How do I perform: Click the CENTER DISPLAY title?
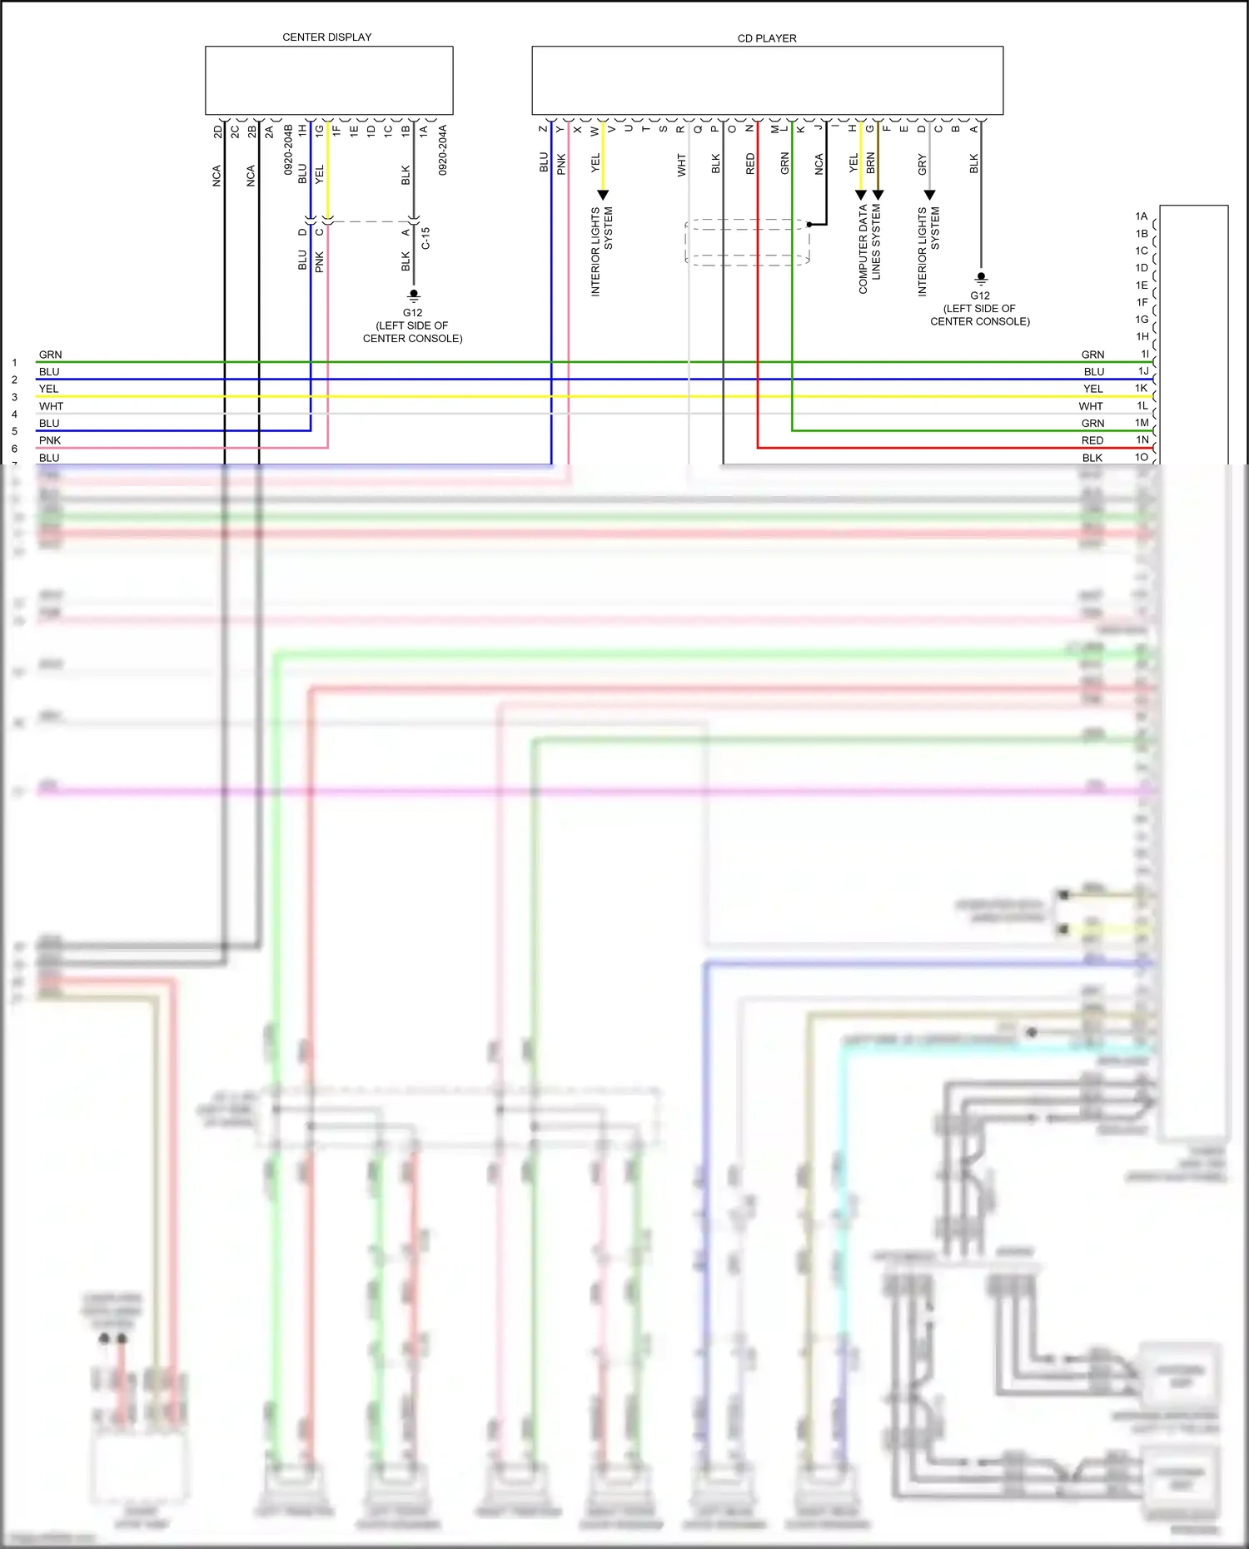coord(326,37)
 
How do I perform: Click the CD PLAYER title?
coord(766,38)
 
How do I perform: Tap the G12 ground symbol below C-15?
coord(413,295)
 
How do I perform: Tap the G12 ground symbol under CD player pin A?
coord(981,277)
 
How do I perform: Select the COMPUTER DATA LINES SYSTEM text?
coord(869,248)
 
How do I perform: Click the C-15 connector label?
coord(425,239)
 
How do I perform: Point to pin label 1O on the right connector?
coord(1141,457)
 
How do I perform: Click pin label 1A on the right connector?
coord(1141,216)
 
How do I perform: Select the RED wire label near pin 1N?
coord(1092,440)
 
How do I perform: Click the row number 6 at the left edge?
coord(14,449)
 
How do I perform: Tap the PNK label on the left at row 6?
coord(50,440)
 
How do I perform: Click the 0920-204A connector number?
coord(443,150)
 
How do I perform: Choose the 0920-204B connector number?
coord(288,150)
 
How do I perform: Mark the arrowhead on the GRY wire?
coord(930,195)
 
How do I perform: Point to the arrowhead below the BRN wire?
coord(878,195)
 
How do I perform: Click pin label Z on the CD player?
coord(543,129)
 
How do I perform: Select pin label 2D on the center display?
coord(217,132)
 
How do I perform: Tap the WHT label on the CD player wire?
coord(681,165)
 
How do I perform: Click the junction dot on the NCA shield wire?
coord(809,225)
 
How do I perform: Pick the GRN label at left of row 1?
coord(50,355)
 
